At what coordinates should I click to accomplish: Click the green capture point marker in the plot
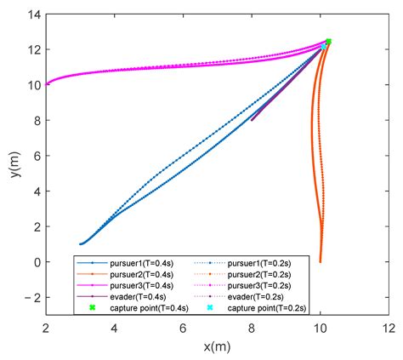328,42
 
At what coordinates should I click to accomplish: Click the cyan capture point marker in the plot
323,47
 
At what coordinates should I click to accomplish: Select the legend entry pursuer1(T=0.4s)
141,263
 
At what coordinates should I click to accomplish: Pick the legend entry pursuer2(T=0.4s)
141,274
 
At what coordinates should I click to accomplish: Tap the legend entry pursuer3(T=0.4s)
141,285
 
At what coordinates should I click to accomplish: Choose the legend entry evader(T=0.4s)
138,297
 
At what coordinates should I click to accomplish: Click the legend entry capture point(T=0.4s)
149,308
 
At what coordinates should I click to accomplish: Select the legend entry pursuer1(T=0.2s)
259,263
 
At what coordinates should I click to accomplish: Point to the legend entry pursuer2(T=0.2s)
259,274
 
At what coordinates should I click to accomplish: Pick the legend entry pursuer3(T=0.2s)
259,285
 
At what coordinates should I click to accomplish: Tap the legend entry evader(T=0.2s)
255,297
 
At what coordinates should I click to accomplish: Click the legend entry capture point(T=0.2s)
267,308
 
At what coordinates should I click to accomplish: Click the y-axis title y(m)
15,164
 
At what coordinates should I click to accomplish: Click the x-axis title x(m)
217,346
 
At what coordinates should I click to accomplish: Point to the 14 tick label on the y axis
34,14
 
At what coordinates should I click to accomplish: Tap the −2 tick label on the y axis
32,297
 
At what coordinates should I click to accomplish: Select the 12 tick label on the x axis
389,329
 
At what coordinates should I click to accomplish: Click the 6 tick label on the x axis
183,329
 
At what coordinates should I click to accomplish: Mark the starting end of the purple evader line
252,120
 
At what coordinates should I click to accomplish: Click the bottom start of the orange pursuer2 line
321,261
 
